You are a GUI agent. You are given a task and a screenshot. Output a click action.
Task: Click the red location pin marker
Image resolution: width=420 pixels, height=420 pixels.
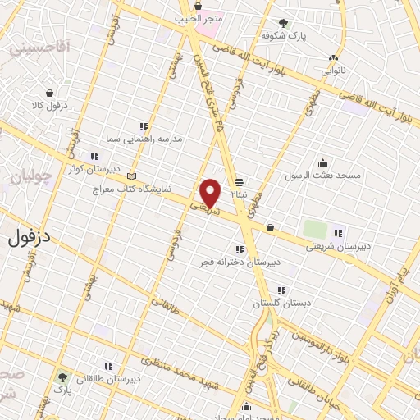(211, 193)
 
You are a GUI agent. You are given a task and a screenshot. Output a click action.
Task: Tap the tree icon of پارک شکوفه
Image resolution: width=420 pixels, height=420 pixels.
(284, 23)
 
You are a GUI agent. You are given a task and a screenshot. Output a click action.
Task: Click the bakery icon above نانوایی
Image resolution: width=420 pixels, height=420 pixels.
(333, 57)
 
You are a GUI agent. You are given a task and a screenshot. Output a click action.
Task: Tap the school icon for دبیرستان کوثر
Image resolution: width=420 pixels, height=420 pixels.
(95, 156)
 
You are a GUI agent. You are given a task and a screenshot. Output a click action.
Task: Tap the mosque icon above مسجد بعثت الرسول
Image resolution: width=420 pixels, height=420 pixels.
(323, 162)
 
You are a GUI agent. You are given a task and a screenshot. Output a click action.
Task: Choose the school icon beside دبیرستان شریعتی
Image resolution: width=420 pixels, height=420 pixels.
(339, 232)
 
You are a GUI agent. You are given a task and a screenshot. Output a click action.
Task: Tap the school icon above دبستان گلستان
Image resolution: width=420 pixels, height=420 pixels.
(281, 290)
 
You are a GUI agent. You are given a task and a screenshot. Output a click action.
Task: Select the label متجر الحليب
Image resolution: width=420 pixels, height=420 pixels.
(197, 17)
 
